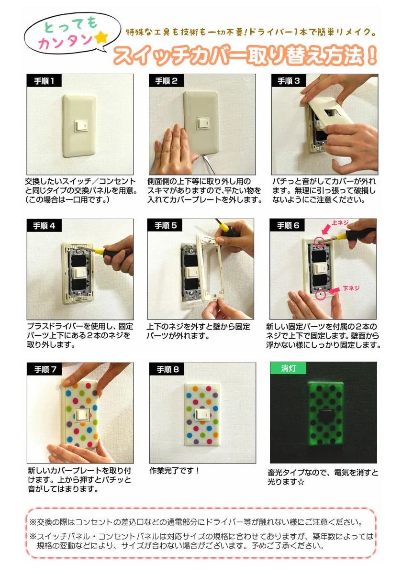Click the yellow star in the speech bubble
[x=101, y=38]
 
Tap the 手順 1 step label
[x=44, y=81]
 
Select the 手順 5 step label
[x=165, y=225]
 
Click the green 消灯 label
[x=288, y=368]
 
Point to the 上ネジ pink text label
[x=340, y=222]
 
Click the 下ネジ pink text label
[x=351, y=288]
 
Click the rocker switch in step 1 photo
[x=81, y=126]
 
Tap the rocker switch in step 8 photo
[x=203, y=415]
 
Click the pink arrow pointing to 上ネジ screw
[x=326, y=229]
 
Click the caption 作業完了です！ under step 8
[x=174, y=471]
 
